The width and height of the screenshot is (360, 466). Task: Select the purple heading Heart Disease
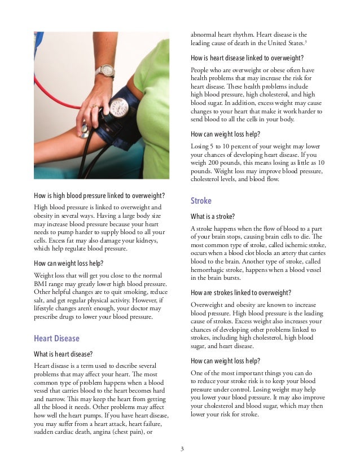57,338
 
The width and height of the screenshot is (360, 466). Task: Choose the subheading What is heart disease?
65,354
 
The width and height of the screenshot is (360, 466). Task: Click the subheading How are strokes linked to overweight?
241,293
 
